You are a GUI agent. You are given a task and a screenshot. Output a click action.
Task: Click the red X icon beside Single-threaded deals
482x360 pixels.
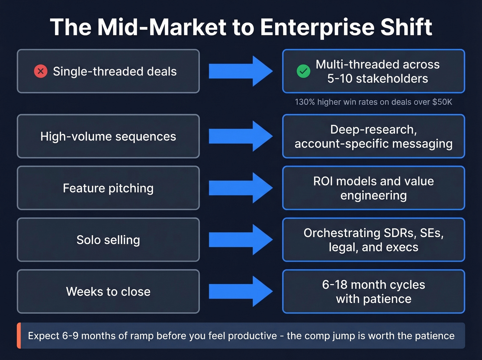point(41,71)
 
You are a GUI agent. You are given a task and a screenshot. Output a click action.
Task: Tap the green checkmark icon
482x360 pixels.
point(303,71)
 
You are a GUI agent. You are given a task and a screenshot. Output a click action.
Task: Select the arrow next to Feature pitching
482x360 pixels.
point(241,188)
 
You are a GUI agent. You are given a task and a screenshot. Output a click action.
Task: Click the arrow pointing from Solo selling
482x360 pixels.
point(241,239)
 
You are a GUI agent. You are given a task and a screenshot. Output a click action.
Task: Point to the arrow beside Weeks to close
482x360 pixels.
point(241,291)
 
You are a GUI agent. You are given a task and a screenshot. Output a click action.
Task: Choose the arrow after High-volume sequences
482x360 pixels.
point(241,136)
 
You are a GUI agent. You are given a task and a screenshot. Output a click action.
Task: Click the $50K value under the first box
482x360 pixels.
point(442,102)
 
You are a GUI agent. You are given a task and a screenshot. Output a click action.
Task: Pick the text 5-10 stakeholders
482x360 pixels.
point(377,79)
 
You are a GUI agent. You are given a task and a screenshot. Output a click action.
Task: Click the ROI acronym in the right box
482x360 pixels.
point(323,181)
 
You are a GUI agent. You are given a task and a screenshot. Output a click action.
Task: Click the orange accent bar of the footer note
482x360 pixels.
point(19,336)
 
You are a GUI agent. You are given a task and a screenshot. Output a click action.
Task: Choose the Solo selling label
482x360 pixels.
point(108,240)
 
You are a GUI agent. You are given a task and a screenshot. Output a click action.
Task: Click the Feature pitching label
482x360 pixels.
point(108,188)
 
